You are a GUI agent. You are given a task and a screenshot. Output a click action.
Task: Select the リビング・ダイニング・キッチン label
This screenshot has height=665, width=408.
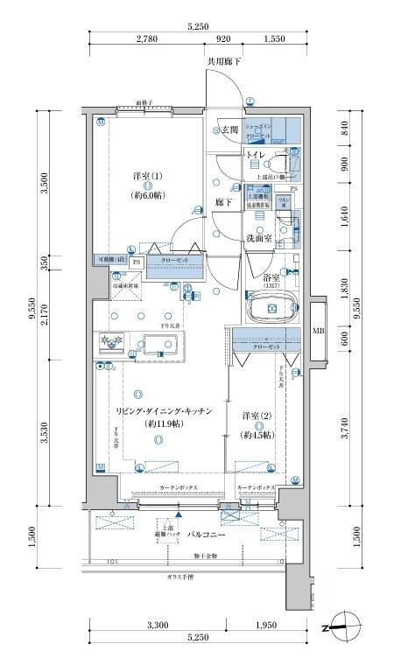163,411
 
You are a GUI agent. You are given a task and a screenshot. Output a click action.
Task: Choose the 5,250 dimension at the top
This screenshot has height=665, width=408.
199,27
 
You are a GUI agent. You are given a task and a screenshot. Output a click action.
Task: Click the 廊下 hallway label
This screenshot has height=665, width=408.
223,202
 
